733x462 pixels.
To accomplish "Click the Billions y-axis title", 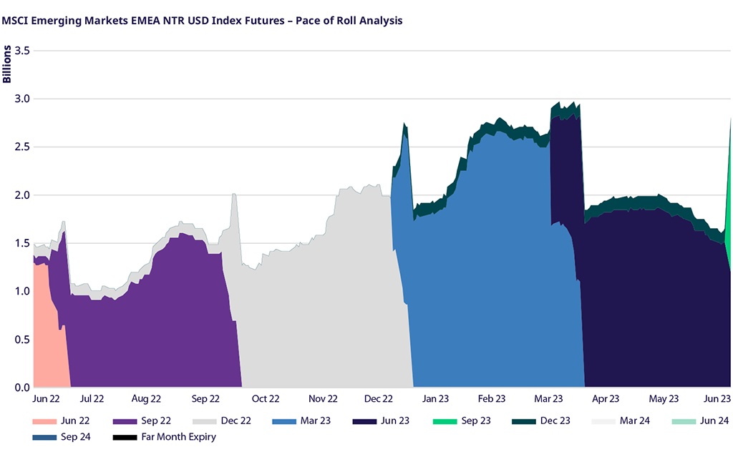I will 7,64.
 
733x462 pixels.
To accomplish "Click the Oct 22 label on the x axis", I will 265,399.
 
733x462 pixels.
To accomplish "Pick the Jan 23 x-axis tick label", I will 435,399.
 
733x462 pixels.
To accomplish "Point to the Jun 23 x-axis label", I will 716,399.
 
